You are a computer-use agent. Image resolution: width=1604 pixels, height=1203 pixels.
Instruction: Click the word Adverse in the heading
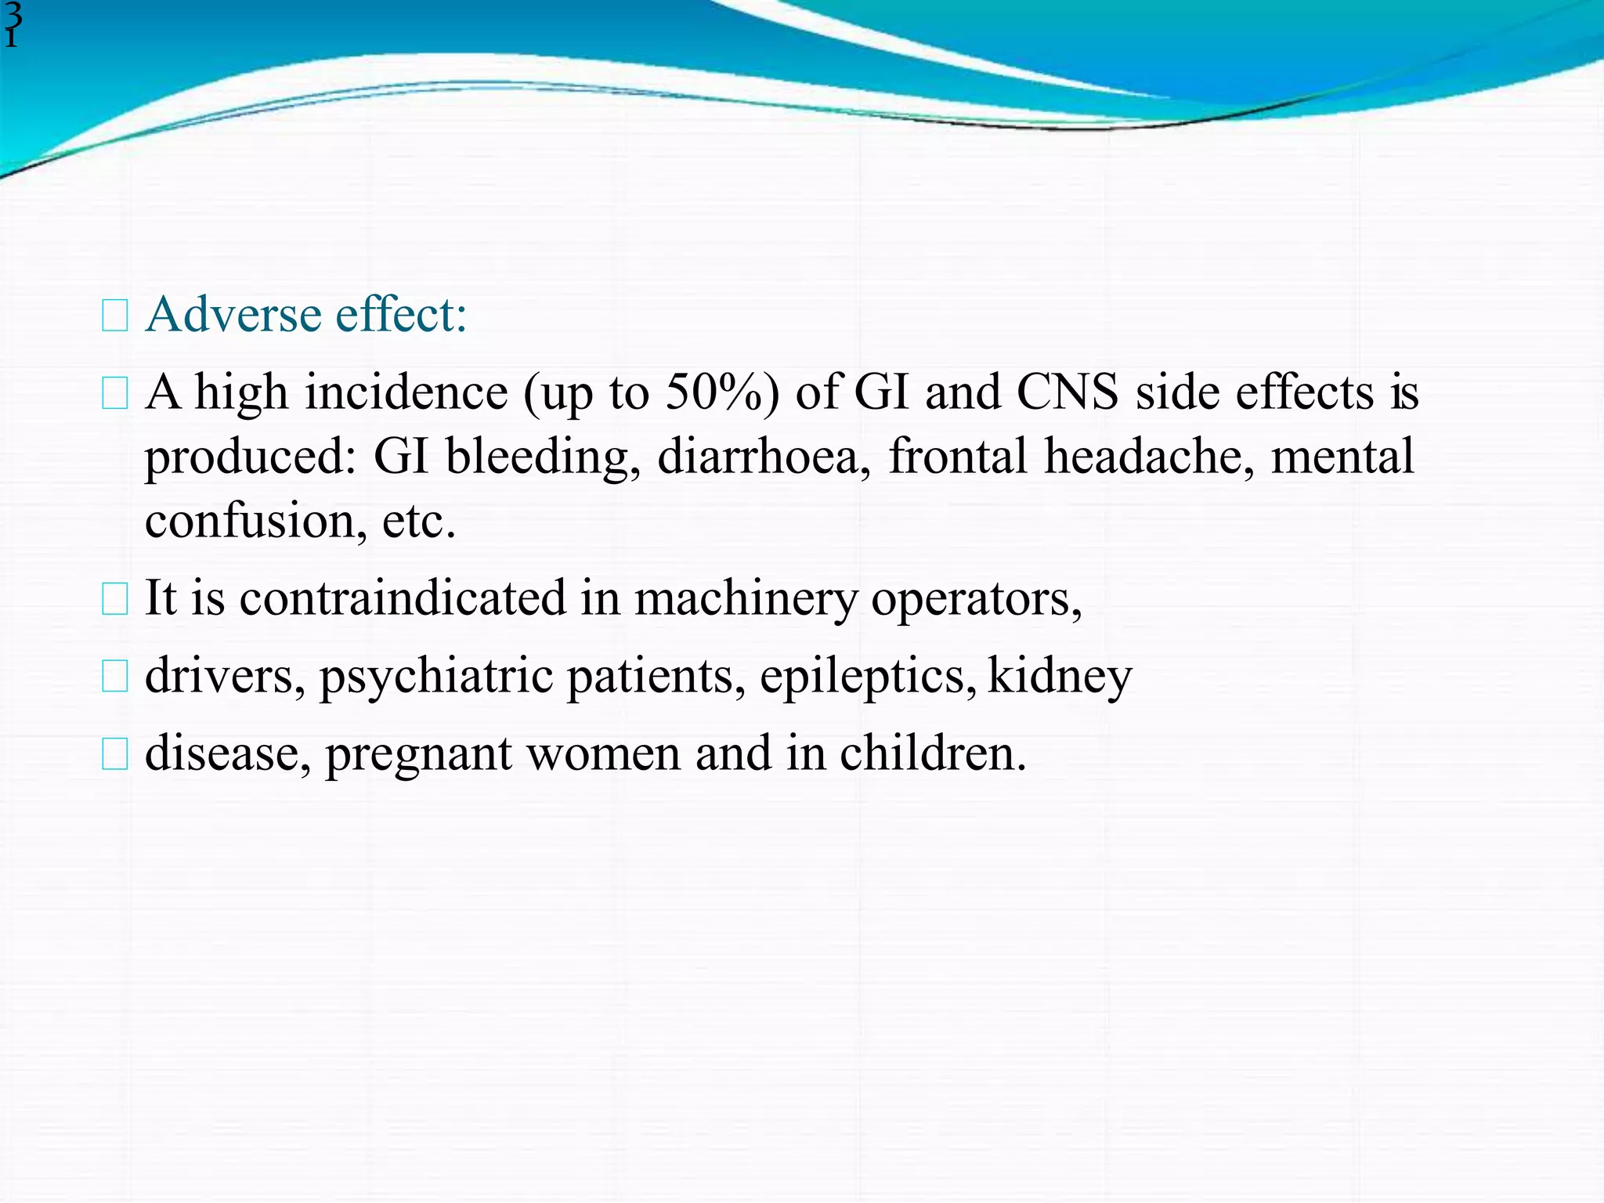tap(233, 315)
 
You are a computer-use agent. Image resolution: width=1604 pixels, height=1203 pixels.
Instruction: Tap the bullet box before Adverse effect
tap(114, 316)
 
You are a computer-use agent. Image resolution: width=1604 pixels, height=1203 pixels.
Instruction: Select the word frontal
tap(957, 457)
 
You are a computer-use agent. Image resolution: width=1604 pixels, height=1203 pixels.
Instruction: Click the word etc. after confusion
tap(418, 521)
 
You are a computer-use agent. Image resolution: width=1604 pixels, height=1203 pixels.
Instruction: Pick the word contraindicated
tap(402, 598)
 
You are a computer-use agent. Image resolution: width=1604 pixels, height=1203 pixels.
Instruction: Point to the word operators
tap(976, 598)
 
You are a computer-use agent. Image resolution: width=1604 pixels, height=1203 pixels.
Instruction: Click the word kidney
tap(1060, 676)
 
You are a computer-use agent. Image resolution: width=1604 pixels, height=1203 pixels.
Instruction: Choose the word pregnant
tap(418, 753)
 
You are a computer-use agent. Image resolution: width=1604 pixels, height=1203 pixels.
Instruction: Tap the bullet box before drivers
tap(114, 677)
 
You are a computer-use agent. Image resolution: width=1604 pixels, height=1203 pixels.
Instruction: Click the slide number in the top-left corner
tap(13, 25)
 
